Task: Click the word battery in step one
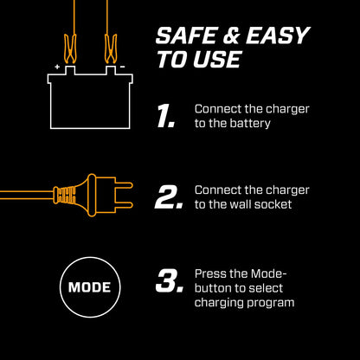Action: tap(249, 124)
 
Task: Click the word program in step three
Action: tap(270, 302)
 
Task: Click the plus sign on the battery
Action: tap(57, 66)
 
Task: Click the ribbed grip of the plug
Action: tap(63, 196)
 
